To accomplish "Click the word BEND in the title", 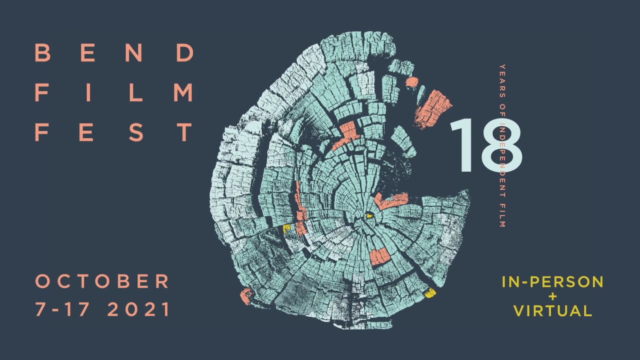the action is coord(114,52).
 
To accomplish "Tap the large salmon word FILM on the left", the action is coord(114,92).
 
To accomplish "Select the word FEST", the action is coord(114,132).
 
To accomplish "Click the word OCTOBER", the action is coord(102,281).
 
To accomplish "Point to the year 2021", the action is coord(139,309).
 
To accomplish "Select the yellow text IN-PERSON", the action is coord(552,282).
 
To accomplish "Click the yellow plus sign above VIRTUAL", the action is coord(552,296).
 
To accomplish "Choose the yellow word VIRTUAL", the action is coord(552,310).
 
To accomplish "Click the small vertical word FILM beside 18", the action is coord(502,214).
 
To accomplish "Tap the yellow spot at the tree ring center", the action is coord(370,216).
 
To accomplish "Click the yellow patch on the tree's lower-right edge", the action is coord(430,293).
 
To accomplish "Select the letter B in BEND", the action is coord(42,52).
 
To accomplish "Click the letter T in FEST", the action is coord(185,132).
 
